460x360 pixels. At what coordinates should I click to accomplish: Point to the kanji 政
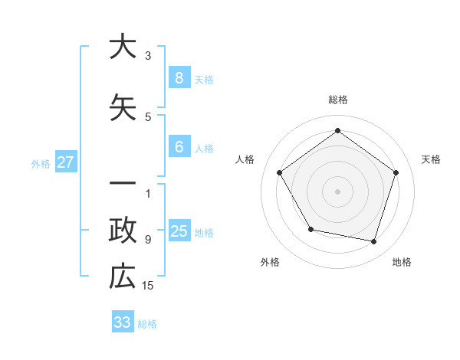click(x=122, y=229)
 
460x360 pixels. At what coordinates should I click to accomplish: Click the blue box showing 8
click(x=179, y=78)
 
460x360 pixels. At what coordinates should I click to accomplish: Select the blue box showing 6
click(x=179, y=148)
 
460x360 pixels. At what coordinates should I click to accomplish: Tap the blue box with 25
click(x=179, y=231)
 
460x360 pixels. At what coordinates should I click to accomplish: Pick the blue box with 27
click(x=65, y=162)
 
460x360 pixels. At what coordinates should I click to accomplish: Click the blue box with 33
click(x=122, y=322)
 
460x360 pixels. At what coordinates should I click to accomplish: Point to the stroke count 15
click(x=148, y=286)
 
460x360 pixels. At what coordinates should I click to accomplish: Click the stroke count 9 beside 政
click(x=148, y=239)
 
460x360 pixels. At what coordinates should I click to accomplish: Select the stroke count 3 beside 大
click(x=148, y=55)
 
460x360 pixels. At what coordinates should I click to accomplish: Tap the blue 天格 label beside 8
click(x=204, y=80)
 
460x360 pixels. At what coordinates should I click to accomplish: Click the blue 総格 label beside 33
click(x=147, y=324)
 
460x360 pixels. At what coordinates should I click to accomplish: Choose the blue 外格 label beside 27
click(x=41, y=163)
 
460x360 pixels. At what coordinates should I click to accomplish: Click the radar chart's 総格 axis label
click(x=337, y=100)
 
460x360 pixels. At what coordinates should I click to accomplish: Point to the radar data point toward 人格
click(x=279, y=172)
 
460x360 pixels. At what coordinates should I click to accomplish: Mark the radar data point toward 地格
click(x=373, y=241)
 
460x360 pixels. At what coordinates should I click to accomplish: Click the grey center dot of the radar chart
click(x=337, y=191)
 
